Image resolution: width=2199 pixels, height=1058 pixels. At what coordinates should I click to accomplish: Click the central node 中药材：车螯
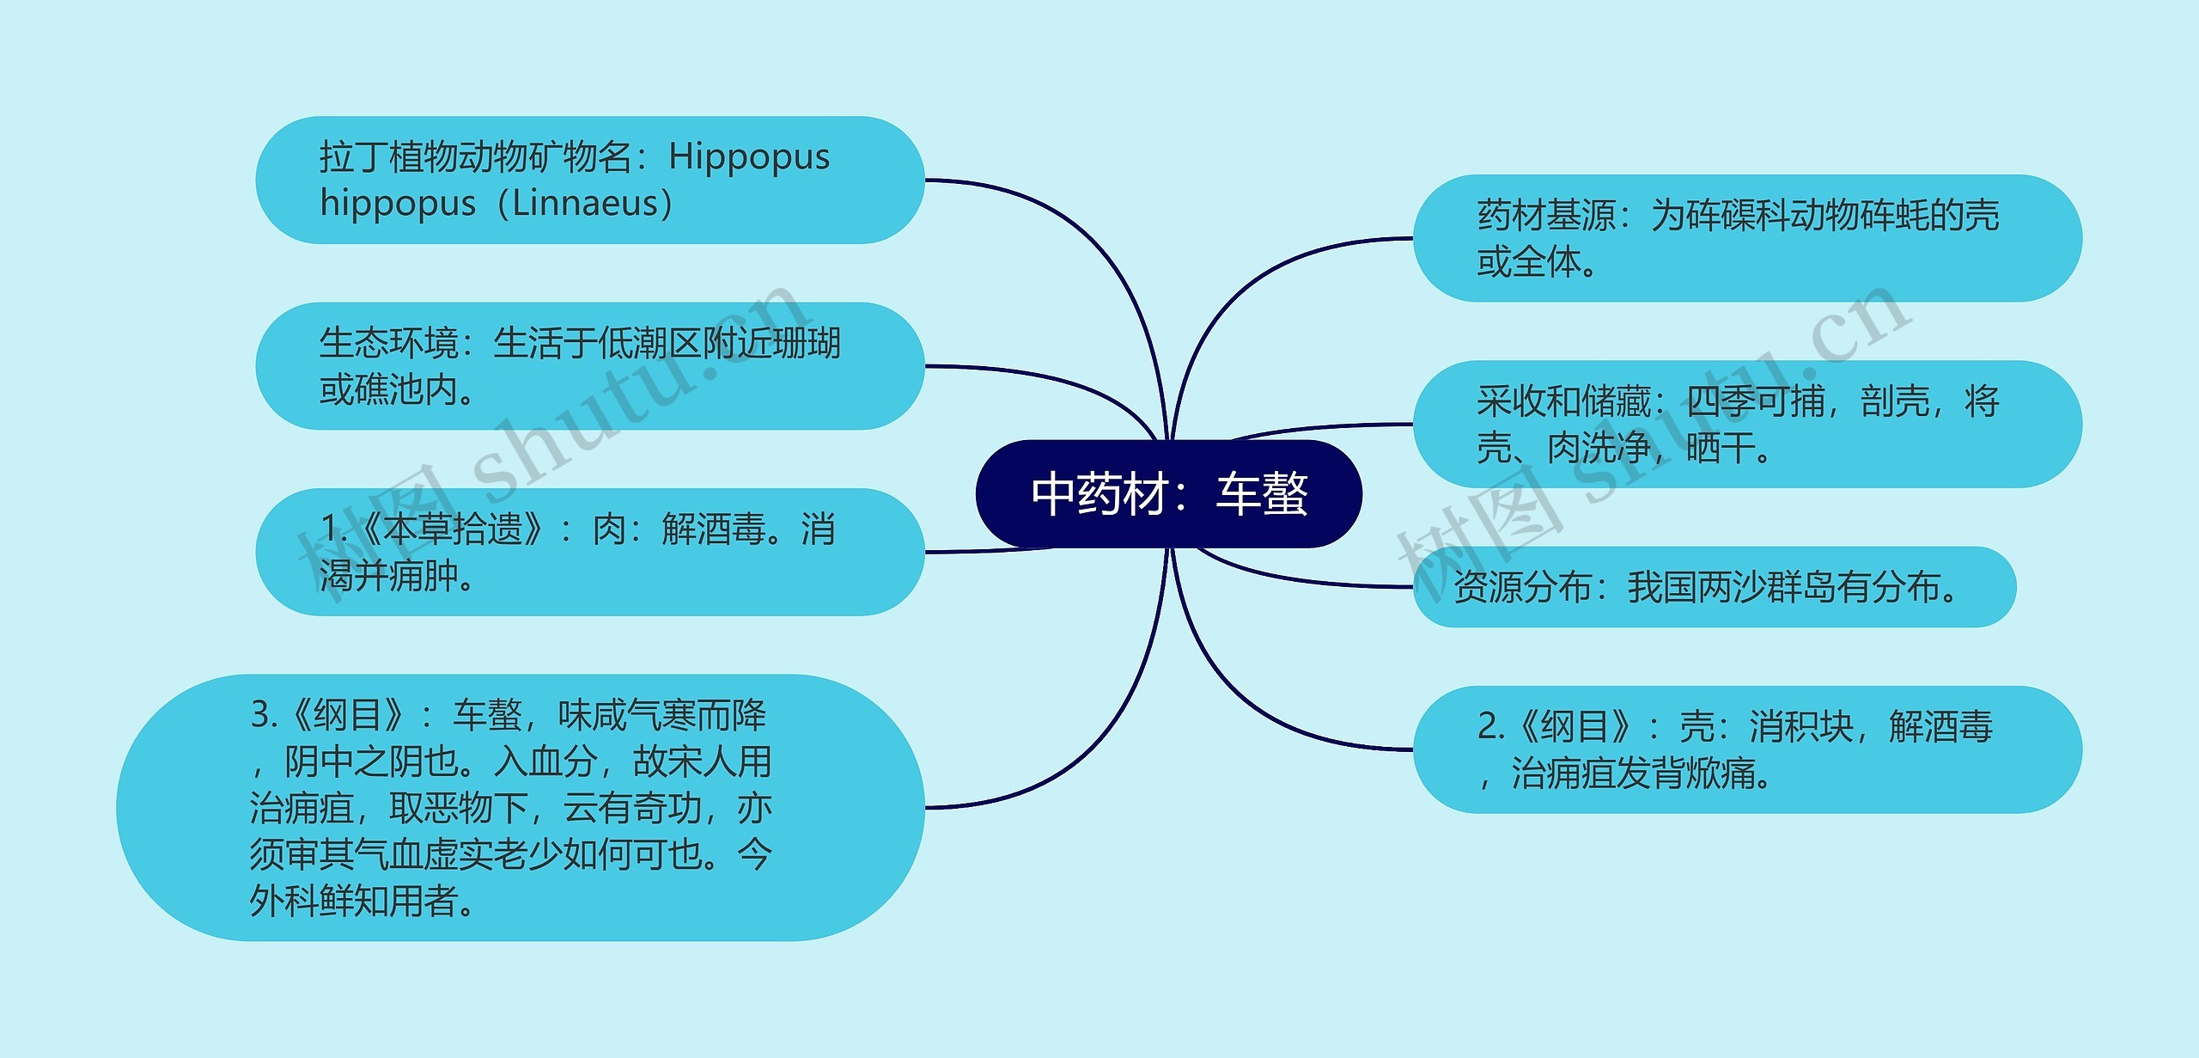pos(1168,494)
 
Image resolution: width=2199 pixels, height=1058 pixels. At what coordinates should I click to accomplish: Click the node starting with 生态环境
pos(589,366)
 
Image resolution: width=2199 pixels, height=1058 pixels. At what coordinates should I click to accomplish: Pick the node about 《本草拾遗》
pos(589,552)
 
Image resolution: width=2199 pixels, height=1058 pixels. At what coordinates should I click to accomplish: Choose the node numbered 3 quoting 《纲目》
pos(521,807)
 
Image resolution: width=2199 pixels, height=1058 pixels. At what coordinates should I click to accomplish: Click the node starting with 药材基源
pos(1747,238)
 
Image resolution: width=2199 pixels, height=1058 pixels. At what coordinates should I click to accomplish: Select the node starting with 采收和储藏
pos(1747,424)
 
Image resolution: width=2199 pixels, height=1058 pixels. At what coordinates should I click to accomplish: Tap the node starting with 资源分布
pos(1714,587)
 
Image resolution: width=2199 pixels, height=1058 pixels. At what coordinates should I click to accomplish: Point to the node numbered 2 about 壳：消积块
pos(1747,749)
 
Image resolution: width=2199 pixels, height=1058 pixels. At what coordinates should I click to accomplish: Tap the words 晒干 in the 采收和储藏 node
pos(1720,448)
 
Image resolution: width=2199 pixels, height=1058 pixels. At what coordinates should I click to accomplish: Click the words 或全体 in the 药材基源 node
pos(1529,262)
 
